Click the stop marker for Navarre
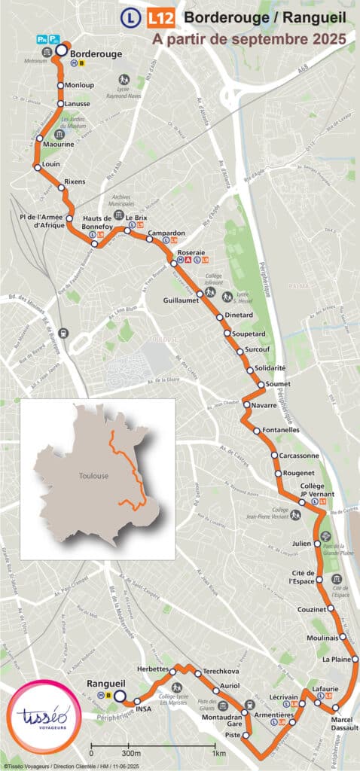[x=246, y=405]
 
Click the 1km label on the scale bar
[x=219, y=753]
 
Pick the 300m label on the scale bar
[x=131, y=753]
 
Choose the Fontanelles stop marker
[x=257, y=431]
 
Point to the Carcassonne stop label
[x=300, y=456]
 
